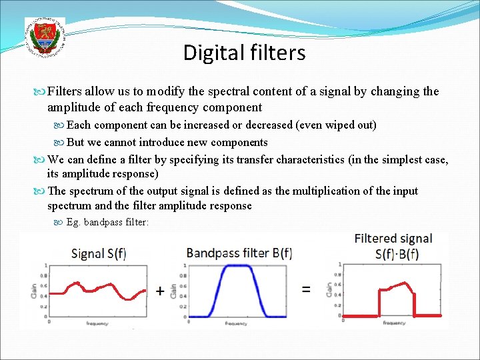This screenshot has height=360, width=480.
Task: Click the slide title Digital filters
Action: [244, 53]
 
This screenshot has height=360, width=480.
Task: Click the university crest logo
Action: [45, 36]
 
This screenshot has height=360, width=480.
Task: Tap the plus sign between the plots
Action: [160, 291]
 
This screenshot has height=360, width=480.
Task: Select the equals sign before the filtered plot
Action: [306, 289]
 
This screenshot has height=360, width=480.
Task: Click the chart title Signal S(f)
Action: [101, 254]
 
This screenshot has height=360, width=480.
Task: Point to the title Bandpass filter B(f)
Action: [239, 253]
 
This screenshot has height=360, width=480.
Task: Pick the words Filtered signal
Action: [393, 239]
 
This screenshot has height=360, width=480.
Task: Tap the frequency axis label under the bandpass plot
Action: [236, 323]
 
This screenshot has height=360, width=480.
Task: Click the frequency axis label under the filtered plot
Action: [394, 323]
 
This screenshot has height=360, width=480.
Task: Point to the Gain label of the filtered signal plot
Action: [329, 289]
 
